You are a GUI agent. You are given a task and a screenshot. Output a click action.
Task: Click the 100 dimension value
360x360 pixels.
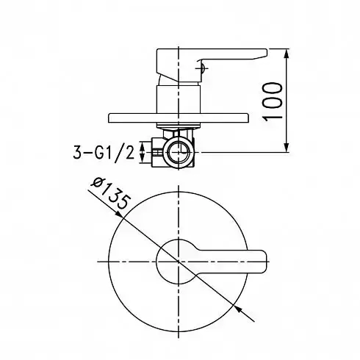point(273,101)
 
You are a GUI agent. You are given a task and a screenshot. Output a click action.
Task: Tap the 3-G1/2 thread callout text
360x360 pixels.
point(104,154)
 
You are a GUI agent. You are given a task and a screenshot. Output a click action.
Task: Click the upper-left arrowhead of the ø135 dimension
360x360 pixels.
point(119,214)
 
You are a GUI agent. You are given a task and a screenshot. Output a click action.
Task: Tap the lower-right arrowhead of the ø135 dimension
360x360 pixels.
point(238,309)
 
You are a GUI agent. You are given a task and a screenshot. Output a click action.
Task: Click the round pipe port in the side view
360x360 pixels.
point(178,153)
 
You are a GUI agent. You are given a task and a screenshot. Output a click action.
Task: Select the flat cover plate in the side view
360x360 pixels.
point(179,118)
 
